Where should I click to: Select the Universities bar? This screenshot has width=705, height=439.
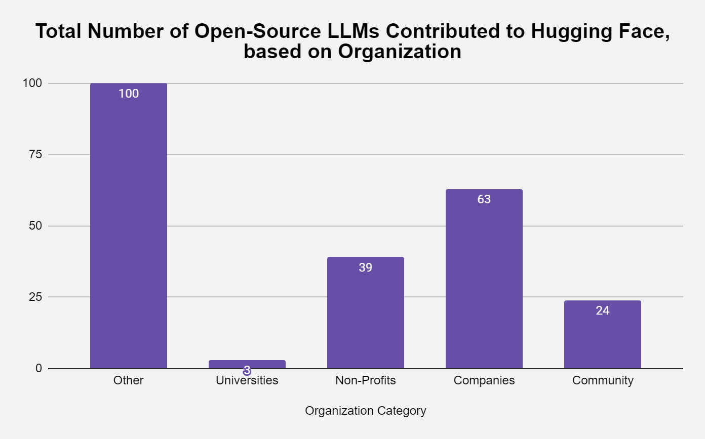247,364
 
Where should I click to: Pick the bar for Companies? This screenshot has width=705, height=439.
484,279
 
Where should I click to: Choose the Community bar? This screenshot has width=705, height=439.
603,334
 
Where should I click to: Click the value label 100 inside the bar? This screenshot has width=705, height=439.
129,94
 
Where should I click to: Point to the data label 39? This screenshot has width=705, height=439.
366,268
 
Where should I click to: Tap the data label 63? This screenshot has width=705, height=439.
484,199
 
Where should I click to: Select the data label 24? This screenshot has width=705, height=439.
603,311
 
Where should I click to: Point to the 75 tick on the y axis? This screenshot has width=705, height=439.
35,154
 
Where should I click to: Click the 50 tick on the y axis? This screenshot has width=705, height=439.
35,226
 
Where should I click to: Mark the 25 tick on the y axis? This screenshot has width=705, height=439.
35,297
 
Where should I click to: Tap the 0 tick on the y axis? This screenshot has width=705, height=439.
38,368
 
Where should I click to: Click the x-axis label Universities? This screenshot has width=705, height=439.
247,380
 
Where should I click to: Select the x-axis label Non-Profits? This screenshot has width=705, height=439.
366,380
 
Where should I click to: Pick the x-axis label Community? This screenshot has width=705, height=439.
603,380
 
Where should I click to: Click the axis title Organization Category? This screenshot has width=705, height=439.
366,411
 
